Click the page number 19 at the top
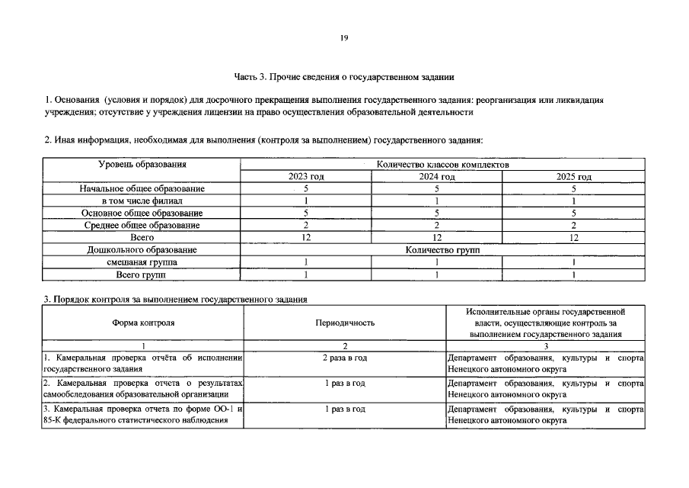(344, 38)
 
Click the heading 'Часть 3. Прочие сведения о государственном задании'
(344, 77)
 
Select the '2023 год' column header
(306, 177)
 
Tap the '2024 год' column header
(437, 177)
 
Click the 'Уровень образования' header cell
(142, 165)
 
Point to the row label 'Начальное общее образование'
(142, 188)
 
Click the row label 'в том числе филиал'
(142, 201)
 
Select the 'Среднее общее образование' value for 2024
(437, 226)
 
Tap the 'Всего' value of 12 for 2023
(306, 238)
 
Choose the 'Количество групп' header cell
(442, 250)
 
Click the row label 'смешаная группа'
(142, 262)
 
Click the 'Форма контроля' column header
(142, 323)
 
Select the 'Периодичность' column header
(345, 323)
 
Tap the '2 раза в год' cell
(345, 358)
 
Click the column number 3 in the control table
(546, 345)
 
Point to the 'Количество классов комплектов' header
(442, 165)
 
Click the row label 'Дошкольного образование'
(142, 250)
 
